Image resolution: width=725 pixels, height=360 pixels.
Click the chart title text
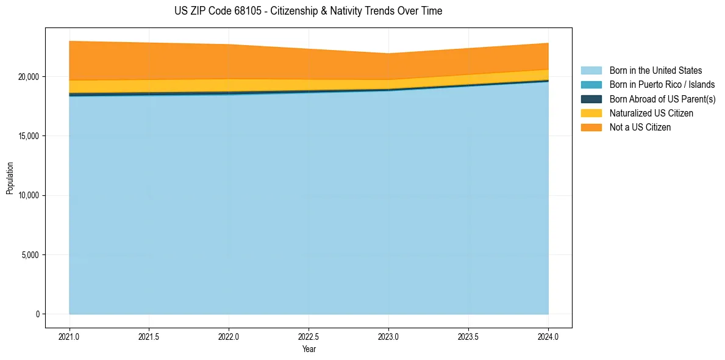308,11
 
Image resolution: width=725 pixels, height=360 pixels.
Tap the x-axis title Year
309,349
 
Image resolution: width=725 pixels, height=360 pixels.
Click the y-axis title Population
10,178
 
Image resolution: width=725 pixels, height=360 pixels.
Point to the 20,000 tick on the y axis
28,77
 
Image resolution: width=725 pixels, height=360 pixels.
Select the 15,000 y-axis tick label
28,136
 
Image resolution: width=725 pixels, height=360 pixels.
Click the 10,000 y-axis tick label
28,195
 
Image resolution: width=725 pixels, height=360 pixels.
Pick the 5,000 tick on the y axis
30,255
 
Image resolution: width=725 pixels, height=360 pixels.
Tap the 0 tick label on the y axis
37,314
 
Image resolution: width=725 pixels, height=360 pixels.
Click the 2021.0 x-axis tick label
70,336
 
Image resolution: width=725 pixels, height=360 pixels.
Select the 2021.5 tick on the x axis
149,336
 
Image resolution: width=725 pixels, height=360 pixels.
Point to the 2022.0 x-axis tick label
229,336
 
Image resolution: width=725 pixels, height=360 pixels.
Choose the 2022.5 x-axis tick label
309,336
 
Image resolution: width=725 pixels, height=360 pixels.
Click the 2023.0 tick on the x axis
388,336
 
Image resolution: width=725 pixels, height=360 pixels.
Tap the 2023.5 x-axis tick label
468,336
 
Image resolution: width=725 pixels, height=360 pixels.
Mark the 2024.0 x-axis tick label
548,336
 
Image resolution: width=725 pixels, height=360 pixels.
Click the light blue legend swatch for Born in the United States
591,71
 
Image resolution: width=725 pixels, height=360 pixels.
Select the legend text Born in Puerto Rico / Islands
662,85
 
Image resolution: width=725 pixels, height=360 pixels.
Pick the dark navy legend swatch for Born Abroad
591,99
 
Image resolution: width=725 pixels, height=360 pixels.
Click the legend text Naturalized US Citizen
651,113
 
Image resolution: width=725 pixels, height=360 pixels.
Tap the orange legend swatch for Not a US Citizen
591,127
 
